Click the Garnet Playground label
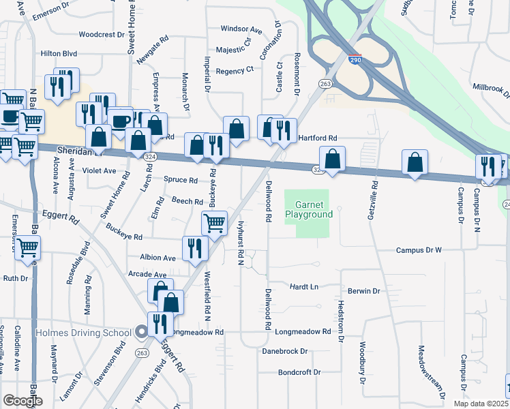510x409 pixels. click(314, 209)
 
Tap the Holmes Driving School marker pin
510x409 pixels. click(141, 333)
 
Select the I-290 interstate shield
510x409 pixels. click(354, 60)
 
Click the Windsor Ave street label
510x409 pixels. click(241, 30)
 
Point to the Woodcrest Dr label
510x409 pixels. click(101, 34)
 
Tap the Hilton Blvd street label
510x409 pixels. click(59, 53)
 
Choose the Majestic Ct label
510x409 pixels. click(234, 50)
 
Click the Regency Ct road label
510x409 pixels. click(234, 70)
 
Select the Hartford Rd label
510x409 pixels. click(318, 138)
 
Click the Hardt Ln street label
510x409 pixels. click(304, 287)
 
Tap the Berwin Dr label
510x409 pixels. click(363, 291)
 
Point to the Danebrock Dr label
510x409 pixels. click(285, 352)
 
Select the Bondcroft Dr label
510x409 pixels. click(299, 372)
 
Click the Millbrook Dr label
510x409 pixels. click(492, 88)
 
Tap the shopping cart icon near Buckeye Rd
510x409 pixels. click(214, 222)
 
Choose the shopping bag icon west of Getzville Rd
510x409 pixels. click(332, 159)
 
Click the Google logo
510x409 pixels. click(23, 400)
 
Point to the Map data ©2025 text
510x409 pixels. click(481, 403)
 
